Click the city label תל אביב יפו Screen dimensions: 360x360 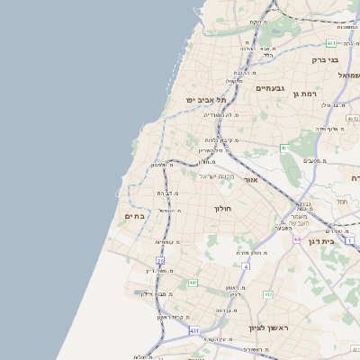tap(204, 98)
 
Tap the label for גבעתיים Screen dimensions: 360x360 tap(270, 88)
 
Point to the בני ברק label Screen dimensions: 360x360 tap(324, 60)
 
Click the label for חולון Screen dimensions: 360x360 tap(222, 209)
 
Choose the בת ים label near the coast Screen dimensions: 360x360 tap(134, 216)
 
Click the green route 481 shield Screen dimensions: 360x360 tap(332, 42)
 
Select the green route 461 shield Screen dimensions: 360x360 tap(285, 148)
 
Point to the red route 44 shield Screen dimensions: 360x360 tap(297, 239)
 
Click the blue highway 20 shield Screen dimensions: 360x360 tap(160, 261)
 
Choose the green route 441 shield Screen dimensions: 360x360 tap(193, 283)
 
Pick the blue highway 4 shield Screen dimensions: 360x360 tap(245, 266)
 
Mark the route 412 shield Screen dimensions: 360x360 tap(268, 293)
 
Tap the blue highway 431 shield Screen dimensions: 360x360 tap(193, 330)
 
